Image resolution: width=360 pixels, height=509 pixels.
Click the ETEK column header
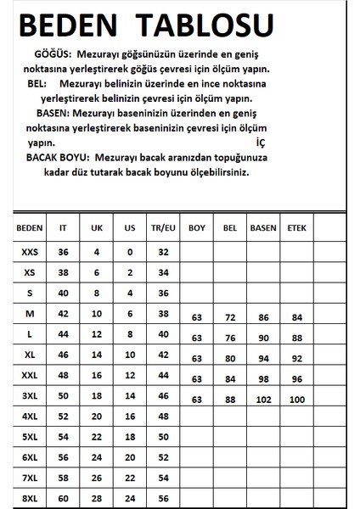click(297, 228)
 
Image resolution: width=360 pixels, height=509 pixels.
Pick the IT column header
click(62, 228)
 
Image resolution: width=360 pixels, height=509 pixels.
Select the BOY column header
click(197, 228)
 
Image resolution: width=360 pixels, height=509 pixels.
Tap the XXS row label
click(30, 252)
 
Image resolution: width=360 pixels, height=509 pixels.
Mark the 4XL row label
click(30, 416)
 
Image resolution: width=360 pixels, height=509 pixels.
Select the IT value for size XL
click(62, 355)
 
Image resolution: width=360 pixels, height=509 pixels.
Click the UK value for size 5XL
click(96, 436)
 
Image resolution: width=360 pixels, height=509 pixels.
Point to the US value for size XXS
click(130, 252)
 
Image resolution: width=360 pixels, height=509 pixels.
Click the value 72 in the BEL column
click(228, 317)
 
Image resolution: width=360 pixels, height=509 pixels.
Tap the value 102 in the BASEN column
click(262, 400)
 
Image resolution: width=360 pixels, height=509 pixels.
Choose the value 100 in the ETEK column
click(297, 400)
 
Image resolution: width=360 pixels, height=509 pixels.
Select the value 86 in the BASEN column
click(262, 317)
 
